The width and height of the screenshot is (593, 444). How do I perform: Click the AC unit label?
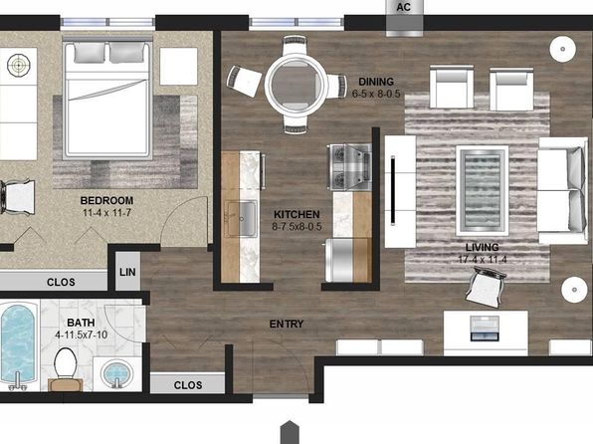[x=404, y=7]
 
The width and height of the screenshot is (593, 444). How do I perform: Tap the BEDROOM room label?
[x=106, y=201]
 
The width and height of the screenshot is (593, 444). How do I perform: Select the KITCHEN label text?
[x=296, y=215]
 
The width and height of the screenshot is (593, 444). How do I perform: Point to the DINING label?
[x=376, y=82]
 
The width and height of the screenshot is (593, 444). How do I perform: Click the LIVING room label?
[x=483, y=248]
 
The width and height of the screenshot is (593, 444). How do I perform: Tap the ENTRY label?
[x=287, y=324]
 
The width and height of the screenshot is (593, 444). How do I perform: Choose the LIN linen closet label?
[x=127, y=272]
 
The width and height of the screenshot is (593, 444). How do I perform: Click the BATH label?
[x=81, y=323]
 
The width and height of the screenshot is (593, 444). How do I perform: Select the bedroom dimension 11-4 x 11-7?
[x=107, y=213]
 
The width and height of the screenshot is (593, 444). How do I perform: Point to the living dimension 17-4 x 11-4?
[x=483, y=260]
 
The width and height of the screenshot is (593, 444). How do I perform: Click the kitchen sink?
[x=242, y=218]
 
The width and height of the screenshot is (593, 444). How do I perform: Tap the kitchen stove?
[x=349, y=166]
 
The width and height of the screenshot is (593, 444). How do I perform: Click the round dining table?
[x=296, y=85]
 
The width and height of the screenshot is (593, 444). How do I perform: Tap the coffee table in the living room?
[x=483, y=191]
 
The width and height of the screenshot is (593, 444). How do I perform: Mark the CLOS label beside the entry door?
[x=188, y=385]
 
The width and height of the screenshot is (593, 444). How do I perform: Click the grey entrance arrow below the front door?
[x=290, y=432]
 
